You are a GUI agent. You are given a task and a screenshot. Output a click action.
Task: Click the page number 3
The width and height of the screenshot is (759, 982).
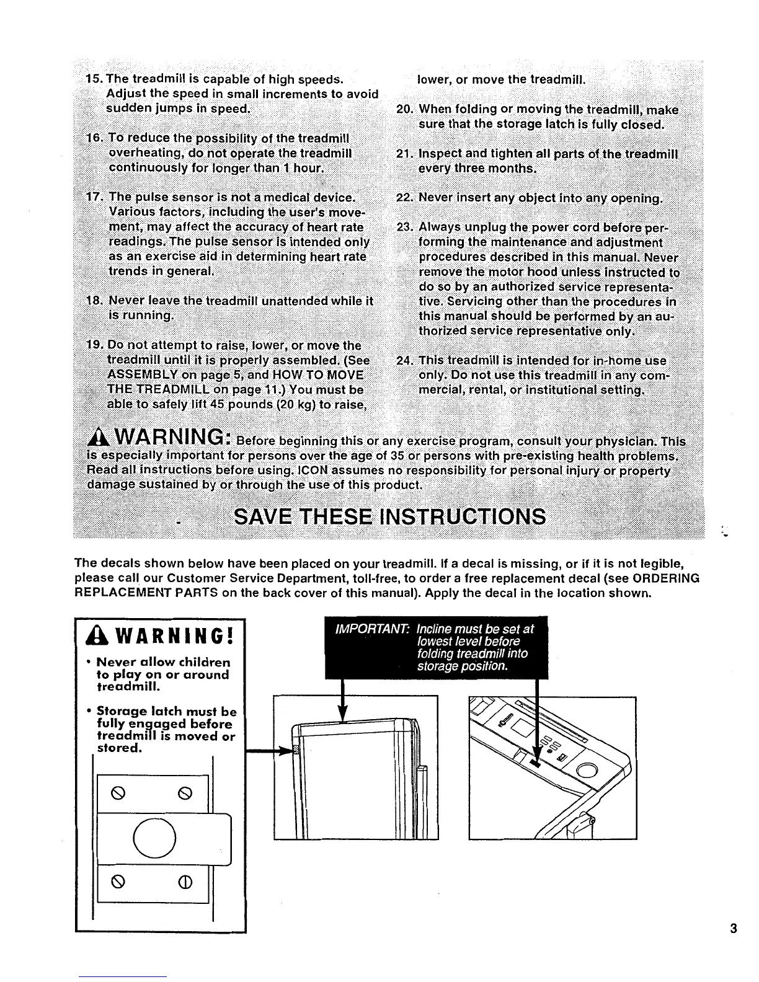(734, 929)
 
